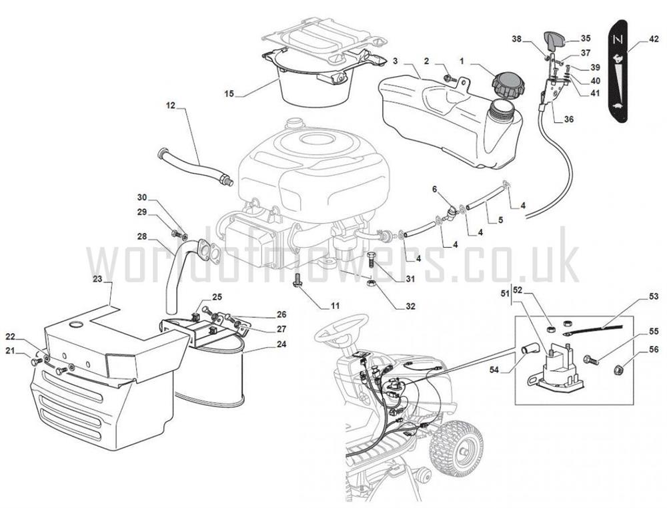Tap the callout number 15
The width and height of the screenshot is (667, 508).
(x=229, y=93)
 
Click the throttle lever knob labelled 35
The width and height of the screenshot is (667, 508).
(x=554, y=41)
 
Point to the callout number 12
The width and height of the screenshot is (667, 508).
(x=171, y=105)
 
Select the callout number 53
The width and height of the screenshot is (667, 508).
(x=654, y=296)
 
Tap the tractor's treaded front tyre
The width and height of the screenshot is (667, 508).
(x=456, y=449)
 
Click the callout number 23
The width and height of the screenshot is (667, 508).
(x=98, y=278)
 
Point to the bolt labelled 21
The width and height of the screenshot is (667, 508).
(x=37, y=362)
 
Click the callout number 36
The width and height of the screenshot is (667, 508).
(x=569, y=119)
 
